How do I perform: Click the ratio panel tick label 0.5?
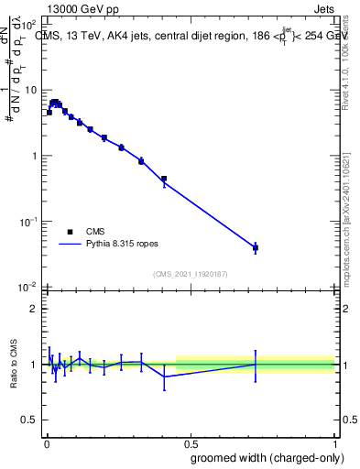(29, 421)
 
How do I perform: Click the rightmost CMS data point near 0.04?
(256, 248)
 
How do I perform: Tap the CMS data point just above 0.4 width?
(164, 180)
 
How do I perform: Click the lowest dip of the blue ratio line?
(164, 376)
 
